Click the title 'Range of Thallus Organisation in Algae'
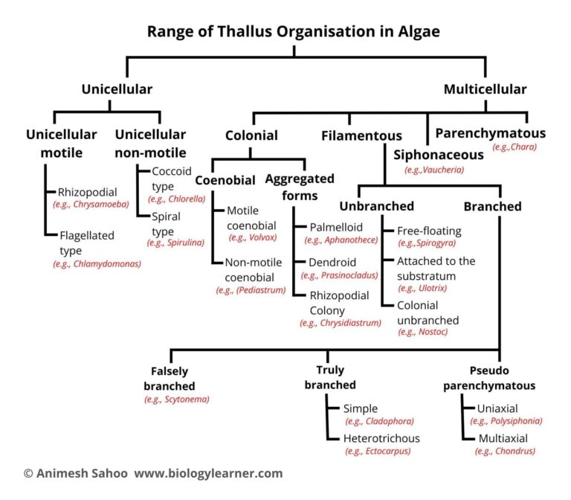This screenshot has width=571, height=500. coord(293,31)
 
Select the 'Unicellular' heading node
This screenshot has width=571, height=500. coord(117,89)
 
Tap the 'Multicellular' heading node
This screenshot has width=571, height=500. coord(485,89)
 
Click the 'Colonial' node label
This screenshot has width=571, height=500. coord(251,135)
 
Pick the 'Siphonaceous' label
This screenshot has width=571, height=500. coord(438,155)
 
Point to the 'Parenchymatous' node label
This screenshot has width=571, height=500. coord(490,134)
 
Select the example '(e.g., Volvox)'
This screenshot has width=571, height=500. coord(254,237)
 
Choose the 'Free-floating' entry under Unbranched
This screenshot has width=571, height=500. coord(429,231)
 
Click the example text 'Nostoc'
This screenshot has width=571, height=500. coord(422,332)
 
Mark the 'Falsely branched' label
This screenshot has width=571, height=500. coord(170,378)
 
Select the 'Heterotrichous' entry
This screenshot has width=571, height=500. coord(381,438)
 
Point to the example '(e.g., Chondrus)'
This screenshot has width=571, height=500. coord(505,451)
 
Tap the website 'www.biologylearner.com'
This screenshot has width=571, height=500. coord(208,473)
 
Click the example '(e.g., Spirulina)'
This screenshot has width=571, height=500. coord(175,243)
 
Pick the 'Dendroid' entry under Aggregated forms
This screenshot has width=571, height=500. coord(332,263)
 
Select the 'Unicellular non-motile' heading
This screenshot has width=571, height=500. coord(149,144)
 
